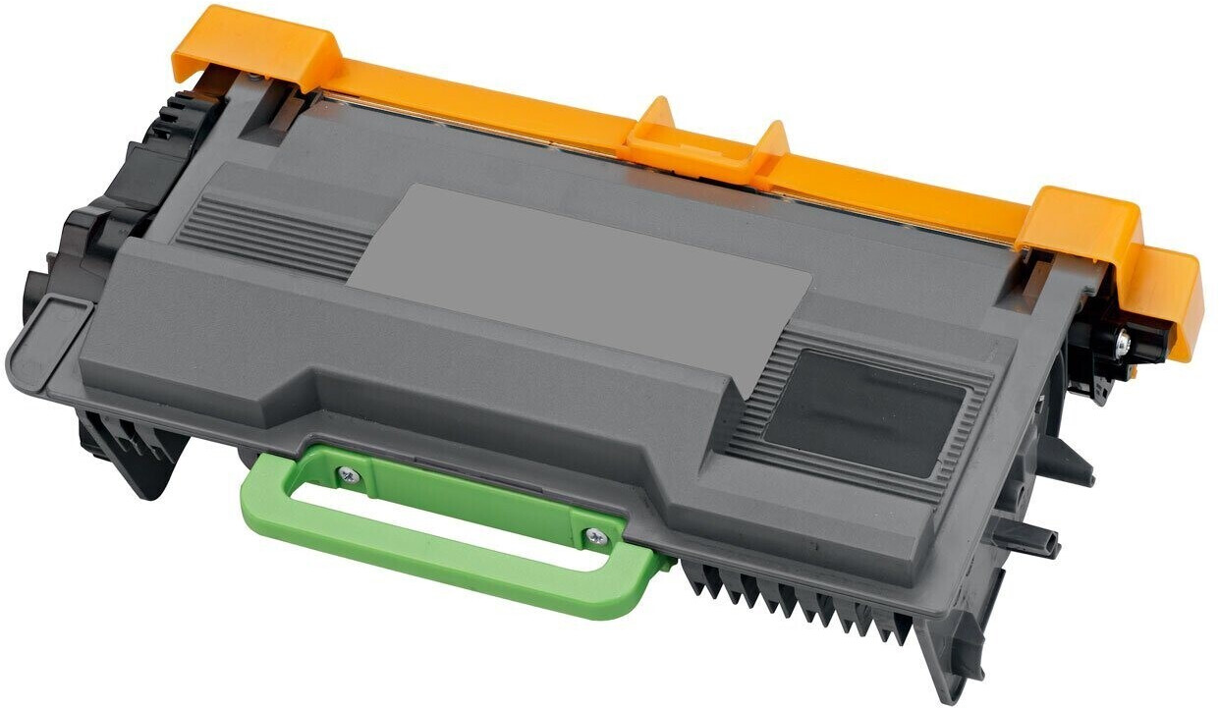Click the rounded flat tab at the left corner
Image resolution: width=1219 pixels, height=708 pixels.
click(44, 344)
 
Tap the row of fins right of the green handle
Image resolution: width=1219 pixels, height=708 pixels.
click(786, 599)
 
